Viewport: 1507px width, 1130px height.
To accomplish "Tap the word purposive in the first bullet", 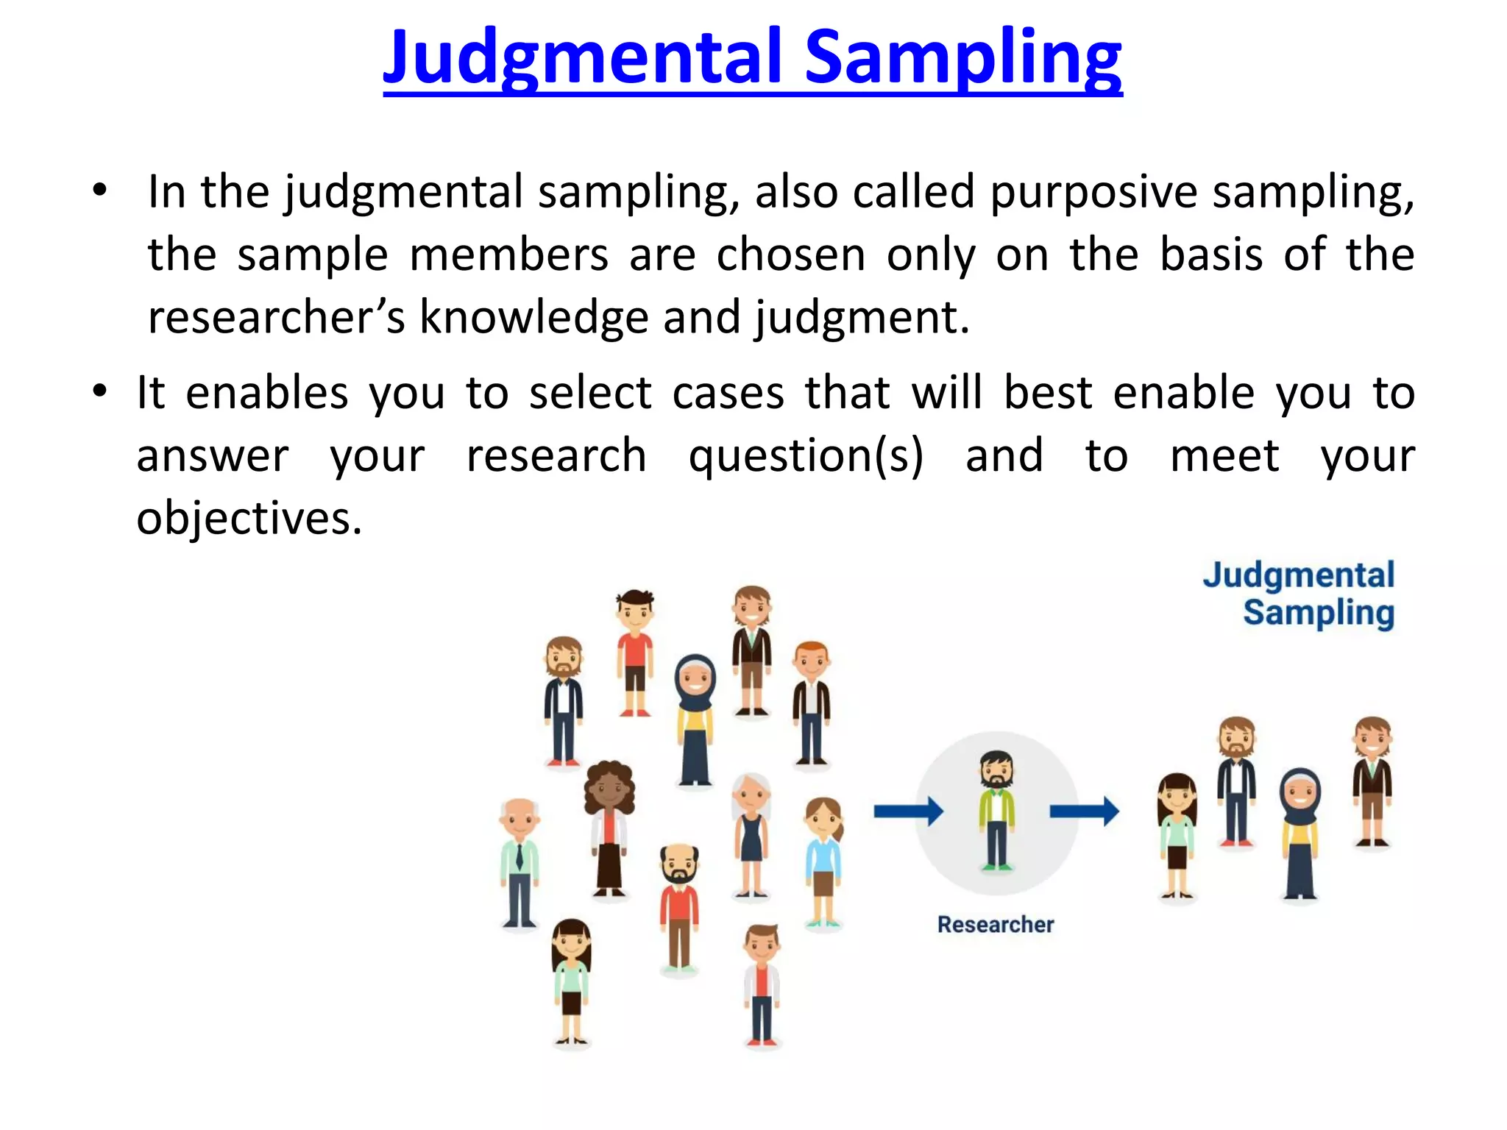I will [x=1093, y=191].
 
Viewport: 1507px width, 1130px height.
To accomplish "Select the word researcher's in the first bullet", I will [x=276, y=317].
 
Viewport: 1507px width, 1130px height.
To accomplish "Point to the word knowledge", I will [x=533, y=317].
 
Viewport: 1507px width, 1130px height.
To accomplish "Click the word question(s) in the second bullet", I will [x=806, y=455].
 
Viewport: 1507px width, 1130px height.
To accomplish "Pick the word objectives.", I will [x=249, y=517].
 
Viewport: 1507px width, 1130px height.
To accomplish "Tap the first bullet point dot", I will [x=100, y=191].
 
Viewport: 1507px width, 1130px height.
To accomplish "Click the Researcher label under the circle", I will [x=995, y=924].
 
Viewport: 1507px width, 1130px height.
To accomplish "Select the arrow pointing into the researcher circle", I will [x=908, y=811].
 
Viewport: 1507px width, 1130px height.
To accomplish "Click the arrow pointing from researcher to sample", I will [x=1083, y=811].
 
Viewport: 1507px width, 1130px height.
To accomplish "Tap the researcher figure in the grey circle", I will [x=996, y=809].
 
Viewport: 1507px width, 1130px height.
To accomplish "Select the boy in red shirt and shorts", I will [x=634, y=651].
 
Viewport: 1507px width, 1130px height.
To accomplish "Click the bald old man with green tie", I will [x=520, y=861].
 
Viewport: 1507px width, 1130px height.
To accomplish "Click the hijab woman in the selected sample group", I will [x=1300, y=831].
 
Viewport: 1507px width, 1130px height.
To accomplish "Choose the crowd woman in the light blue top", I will [x=823, y=861].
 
